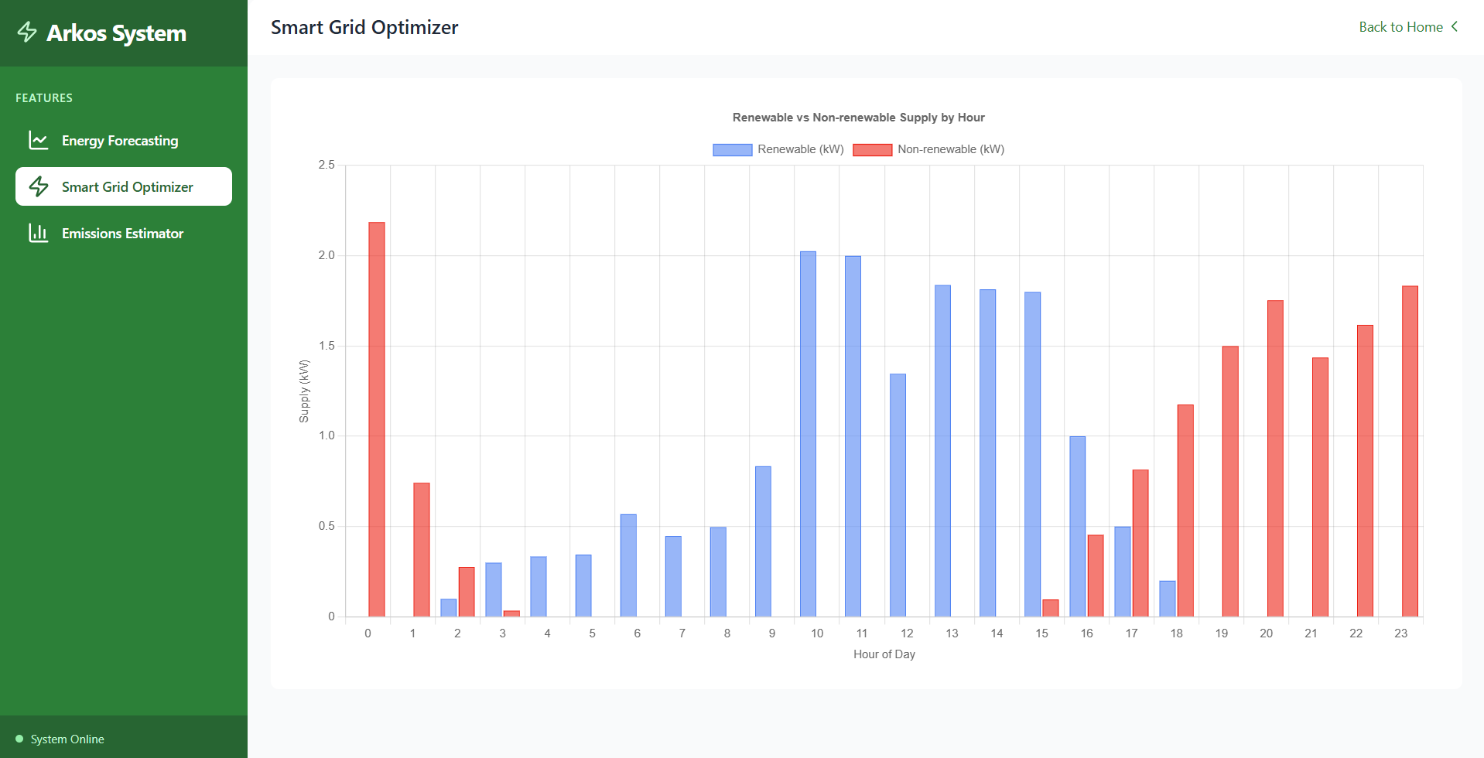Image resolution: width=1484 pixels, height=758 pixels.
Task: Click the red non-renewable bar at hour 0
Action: (377, 419)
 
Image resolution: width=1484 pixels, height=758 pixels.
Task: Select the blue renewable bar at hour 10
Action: (808, 434)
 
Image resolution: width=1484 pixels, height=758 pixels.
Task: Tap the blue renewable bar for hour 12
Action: (898, 495)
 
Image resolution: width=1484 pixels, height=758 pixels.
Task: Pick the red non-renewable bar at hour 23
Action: (1410, 451)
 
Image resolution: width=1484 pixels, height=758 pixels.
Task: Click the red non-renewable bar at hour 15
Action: (1050, 608)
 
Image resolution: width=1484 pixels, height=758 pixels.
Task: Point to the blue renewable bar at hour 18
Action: (1167, 599)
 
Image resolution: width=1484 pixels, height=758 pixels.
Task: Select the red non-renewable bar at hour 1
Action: (422, 550)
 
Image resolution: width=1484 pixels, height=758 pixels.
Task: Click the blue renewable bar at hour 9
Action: (763, 541)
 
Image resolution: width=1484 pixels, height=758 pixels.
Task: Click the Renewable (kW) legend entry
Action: (778, 149)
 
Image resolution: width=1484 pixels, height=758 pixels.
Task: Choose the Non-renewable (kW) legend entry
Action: (928, 149)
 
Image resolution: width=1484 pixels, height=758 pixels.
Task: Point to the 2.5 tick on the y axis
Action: (327, 165)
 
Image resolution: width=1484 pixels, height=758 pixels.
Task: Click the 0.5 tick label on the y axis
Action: (327, 526)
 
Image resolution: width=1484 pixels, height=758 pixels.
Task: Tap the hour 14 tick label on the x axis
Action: (997, 633)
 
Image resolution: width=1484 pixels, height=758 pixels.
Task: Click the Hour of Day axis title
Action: (884, 654)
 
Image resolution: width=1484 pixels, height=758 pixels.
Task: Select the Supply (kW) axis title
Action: (304, 391)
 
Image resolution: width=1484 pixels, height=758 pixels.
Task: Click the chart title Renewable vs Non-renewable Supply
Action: (858, 118)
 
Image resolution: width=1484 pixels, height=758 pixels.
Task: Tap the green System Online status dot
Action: (19, 739)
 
